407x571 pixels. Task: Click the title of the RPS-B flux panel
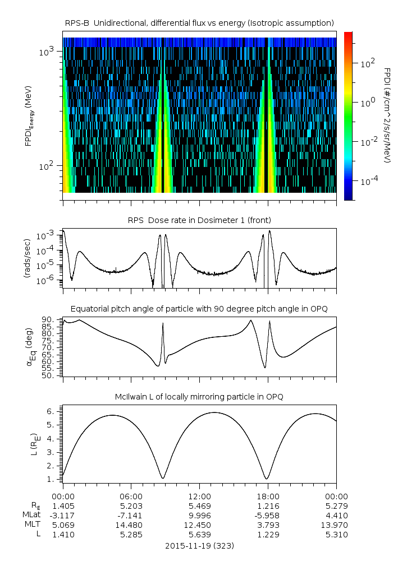point(199,22)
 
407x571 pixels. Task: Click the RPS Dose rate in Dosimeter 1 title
point(199,220)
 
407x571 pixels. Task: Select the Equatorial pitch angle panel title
point(199,309)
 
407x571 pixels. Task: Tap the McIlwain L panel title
point(199,397)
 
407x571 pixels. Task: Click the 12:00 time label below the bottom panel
point(199,496)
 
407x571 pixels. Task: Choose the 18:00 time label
point(268,496)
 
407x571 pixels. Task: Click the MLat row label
point(31,515)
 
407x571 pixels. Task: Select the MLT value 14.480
point(131,524)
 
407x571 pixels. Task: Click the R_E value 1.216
point(268,505)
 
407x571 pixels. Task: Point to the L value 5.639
point(199,534)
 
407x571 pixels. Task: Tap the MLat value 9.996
point(199,515)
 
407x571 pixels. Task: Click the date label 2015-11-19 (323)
point(199,545)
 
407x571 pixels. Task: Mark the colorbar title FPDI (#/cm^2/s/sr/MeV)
point(387,115)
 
